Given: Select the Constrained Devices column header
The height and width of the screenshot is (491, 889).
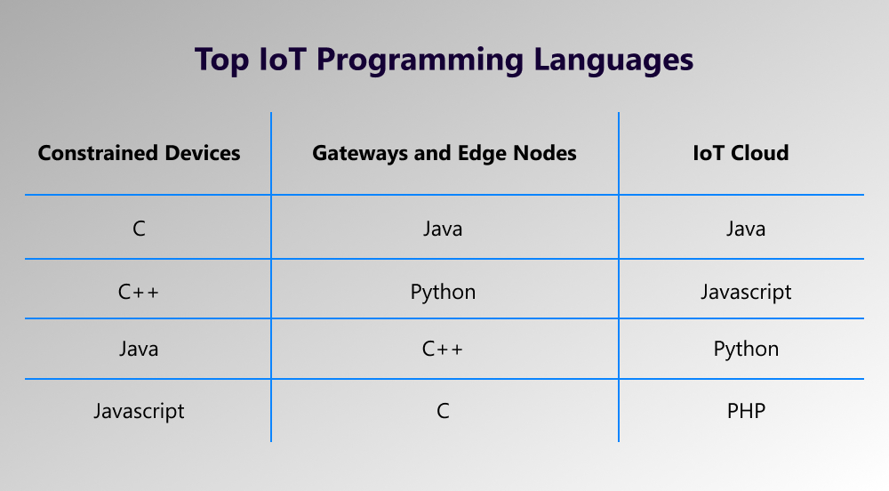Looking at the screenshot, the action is (139, 153).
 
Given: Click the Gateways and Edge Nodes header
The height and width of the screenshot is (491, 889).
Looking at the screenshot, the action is (444, 154).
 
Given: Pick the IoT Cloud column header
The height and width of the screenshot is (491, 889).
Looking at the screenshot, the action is (741, 153).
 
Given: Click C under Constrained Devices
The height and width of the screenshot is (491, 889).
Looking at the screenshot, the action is (139, 229).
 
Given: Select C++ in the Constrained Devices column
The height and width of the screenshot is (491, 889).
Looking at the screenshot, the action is (139, 292).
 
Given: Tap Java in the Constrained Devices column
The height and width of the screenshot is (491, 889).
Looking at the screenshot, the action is (139, 349).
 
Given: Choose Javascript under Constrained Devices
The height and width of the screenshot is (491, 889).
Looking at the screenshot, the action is (139, 411).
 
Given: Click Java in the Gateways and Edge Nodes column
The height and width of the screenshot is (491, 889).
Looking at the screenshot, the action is (443, 229).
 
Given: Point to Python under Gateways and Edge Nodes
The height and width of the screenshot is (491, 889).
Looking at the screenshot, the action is (443, 293).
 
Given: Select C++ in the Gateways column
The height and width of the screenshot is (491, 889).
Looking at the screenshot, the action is (442, 349).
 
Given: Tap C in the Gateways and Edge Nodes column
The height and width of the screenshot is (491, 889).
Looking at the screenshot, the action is (443, 411).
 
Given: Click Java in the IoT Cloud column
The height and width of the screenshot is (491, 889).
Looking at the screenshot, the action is (746, 229).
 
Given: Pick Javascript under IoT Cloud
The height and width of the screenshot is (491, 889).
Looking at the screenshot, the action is (746, 293).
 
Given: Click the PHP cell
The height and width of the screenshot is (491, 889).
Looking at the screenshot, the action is (746, 411).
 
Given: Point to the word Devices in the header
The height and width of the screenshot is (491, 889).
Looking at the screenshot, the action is (203, 153).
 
